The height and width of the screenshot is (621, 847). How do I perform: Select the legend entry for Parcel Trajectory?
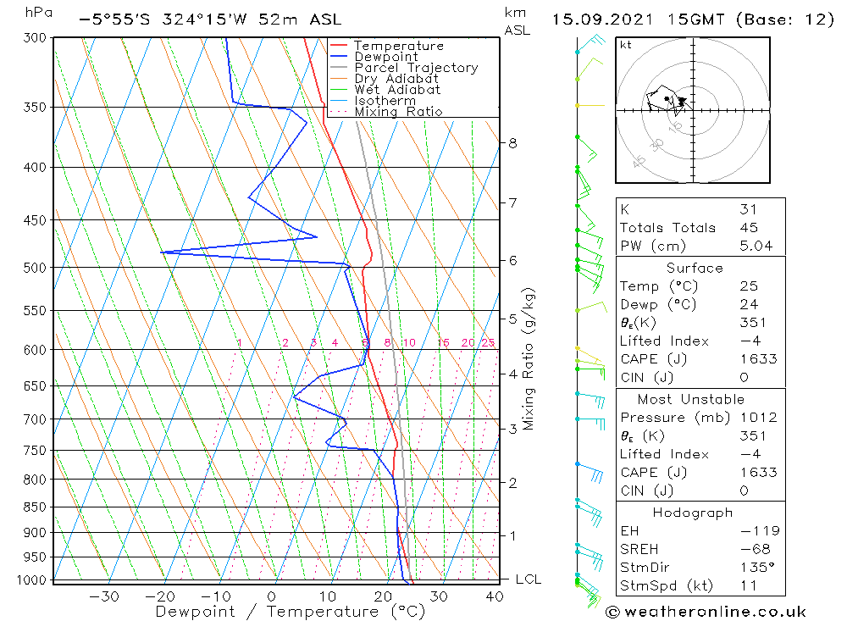tap(416, 68)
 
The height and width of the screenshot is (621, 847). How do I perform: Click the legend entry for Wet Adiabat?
tap(397, 90)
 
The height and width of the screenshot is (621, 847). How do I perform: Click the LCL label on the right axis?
tap(528, 579)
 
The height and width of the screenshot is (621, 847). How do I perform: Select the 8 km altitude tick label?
tap(512, 143)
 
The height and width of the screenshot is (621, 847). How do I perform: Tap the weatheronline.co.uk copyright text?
tap(706, 612)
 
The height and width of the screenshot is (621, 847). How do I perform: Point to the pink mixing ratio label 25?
tap(488, 342)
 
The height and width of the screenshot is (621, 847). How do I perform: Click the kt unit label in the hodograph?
tap(626, 45)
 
